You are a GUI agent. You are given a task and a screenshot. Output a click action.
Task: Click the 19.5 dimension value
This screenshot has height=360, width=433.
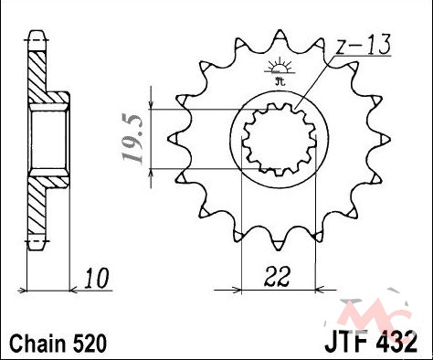[x=132, y=139]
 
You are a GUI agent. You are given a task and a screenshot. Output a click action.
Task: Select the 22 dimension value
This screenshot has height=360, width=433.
[x=277, y=277]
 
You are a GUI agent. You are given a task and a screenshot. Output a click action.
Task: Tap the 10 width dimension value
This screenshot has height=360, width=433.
[x=97, y=278]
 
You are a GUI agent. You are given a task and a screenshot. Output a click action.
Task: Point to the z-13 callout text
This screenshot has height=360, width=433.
[x=364, y=45]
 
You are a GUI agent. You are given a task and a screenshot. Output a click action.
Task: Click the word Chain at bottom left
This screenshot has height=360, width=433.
[x=38, y=343]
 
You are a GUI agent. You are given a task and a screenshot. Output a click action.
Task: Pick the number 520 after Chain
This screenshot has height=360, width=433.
[x=90, y=343]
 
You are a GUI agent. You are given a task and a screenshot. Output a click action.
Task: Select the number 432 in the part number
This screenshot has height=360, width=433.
[x=396, y=343]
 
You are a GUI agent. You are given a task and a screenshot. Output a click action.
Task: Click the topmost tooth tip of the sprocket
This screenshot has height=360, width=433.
[x=280, y=30]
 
